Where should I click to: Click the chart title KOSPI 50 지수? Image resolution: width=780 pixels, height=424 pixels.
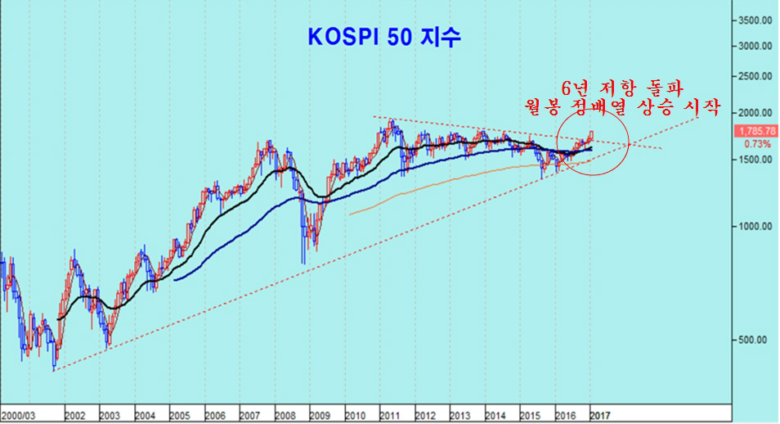click(x=386, y=38)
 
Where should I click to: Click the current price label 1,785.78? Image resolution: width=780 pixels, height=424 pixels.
click(x=757, y=130)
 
